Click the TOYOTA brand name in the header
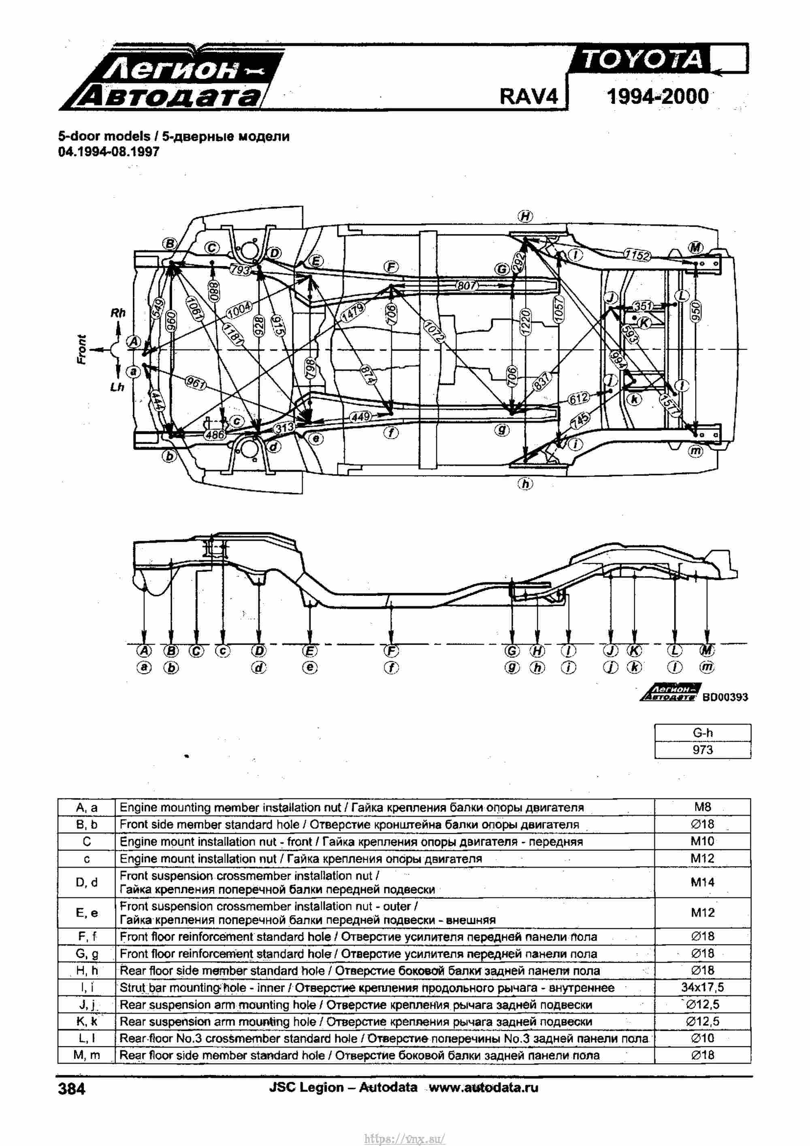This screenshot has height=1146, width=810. [x=642, y=60]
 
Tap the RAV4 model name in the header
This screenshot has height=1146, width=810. [x=528, y=96]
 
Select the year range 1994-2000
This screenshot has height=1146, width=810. [x=657, y=96]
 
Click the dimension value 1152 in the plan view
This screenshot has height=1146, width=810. [x=637, y=255]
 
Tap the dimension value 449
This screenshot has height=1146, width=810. [x=360, y=416]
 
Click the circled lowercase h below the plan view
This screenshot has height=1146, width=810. [x=525, y=484]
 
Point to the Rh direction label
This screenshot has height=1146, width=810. [x=118, y=313]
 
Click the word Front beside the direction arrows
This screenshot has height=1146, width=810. [x=82, y=349]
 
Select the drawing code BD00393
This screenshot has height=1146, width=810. [x=725, y=697]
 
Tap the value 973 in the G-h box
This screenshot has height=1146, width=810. [x=702, y=750]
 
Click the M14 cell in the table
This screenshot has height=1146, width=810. [x=702, y=882]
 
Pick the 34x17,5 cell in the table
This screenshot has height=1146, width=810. [x=702, y=987]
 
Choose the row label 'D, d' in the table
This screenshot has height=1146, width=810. [x=87, y=882]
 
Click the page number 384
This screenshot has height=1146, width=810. [x=72, y=1088]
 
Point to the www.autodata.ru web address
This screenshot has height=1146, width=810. [x=483, y=1087]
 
